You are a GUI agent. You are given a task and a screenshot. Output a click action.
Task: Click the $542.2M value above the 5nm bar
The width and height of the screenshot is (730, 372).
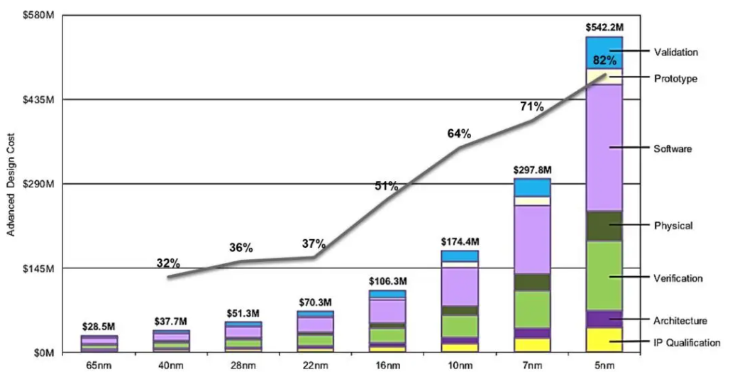coord(604,28)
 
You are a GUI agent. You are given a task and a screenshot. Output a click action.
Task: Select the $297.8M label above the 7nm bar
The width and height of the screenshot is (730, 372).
coord(533,170)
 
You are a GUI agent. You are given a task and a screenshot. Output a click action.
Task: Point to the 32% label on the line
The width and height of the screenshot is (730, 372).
coord(168,263)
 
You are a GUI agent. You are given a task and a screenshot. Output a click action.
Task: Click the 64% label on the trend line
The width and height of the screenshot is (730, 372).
coord(459,133)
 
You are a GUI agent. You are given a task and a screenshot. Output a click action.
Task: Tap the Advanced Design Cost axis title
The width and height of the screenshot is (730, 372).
coord(11,184)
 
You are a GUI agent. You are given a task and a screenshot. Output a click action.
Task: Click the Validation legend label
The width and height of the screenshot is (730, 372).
coord(676,52)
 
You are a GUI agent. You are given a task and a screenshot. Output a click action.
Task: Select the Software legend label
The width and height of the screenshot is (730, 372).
coord(673,149)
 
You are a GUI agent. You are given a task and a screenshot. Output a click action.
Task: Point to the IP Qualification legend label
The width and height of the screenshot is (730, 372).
coord(687,343)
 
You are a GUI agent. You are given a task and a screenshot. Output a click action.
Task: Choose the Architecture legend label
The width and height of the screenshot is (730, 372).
coord(680,321)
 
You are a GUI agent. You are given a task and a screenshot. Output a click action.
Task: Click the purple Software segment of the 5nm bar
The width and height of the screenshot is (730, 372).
coord(604,148)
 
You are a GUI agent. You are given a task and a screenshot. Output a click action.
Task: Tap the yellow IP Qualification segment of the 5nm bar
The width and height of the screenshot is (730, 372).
coord(604,339)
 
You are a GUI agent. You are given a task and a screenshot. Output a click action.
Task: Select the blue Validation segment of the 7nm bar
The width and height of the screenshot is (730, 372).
coord(533,187)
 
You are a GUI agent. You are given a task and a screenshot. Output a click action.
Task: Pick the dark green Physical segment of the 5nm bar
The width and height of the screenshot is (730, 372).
coord(604,226)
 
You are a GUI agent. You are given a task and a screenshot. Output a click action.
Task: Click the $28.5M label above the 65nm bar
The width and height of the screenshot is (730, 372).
coord(99,327)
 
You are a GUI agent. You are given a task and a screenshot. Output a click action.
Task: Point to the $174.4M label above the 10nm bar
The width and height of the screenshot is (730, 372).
coord(460,242)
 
